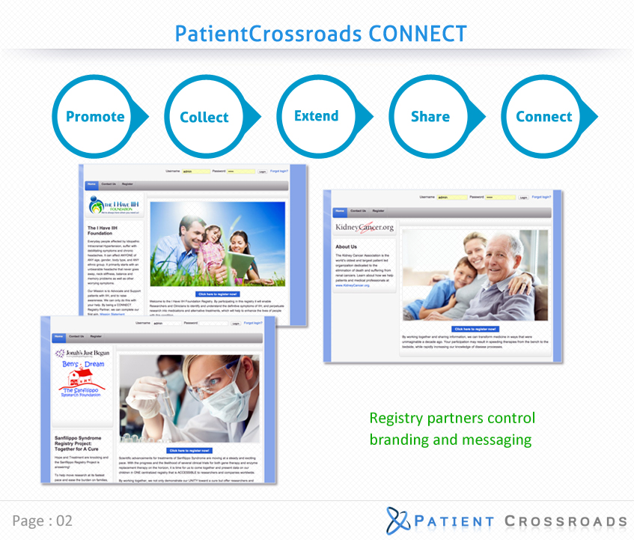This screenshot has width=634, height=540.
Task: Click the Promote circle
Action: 94,117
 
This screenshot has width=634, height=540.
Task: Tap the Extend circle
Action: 316,116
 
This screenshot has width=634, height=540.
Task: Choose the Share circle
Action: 430,117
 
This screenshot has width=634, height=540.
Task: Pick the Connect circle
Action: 543,117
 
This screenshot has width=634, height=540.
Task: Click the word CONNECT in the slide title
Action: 417,34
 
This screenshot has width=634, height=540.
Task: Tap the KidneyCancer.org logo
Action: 364,227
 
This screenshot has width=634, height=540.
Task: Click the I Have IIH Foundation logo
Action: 112,205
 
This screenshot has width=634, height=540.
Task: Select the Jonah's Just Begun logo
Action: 82,352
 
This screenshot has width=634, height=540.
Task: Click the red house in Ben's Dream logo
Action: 82,380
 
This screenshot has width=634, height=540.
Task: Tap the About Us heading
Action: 347,246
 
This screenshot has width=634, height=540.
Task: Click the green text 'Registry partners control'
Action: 452,419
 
